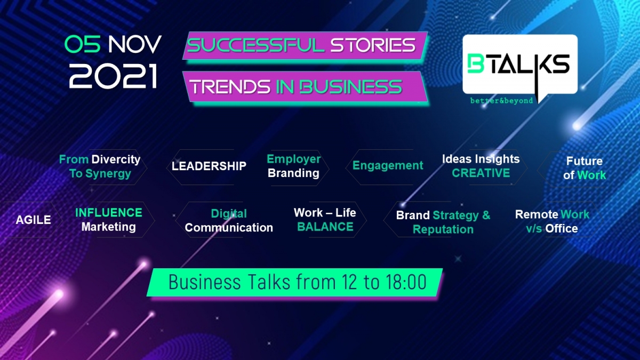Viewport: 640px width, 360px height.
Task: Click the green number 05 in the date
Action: (82, 44)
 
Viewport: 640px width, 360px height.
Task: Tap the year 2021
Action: (113, 76)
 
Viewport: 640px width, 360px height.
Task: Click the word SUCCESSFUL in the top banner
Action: (255, 45)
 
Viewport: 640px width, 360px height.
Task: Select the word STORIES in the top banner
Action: (373, 45)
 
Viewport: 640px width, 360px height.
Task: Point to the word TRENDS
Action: (230, 87)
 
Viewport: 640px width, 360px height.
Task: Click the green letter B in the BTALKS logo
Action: (475, 63)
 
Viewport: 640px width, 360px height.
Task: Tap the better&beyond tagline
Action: (501, 101)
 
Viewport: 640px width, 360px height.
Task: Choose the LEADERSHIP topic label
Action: (209, 166)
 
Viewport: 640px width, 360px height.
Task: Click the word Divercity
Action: (116, 159)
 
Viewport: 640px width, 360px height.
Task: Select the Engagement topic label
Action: (388, 166)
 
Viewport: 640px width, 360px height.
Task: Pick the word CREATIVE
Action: (481, 173)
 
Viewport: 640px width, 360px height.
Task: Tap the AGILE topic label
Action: (34, 220)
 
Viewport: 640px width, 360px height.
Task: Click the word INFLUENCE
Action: (109, 213)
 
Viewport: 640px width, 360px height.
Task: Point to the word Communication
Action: (229, 228)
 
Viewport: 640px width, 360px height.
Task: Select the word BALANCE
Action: (325, 227)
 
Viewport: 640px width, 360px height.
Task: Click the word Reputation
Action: (443, 229)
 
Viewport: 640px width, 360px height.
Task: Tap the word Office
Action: (562, 229)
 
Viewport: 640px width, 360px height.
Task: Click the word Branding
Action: (293, 173)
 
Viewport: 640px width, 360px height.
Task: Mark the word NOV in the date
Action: (134, 45)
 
